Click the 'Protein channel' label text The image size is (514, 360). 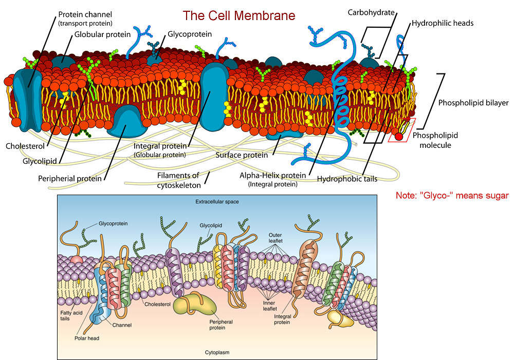85,14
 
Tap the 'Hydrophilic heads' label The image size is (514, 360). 443,23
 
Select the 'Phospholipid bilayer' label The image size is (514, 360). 473,103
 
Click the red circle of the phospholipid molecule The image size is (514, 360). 399,137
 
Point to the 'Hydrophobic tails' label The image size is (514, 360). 347,179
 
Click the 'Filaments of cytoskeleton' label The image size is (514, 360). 178,180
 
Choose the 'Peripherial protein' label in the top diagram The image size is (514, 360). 69,179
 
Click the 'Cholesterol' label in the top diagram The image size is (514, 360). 24,146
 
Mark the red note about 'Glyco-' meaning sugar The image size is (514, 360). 452,196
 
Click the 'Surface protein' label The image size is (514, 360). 242,155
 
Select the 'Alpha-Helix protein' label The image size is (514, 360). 272,175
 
